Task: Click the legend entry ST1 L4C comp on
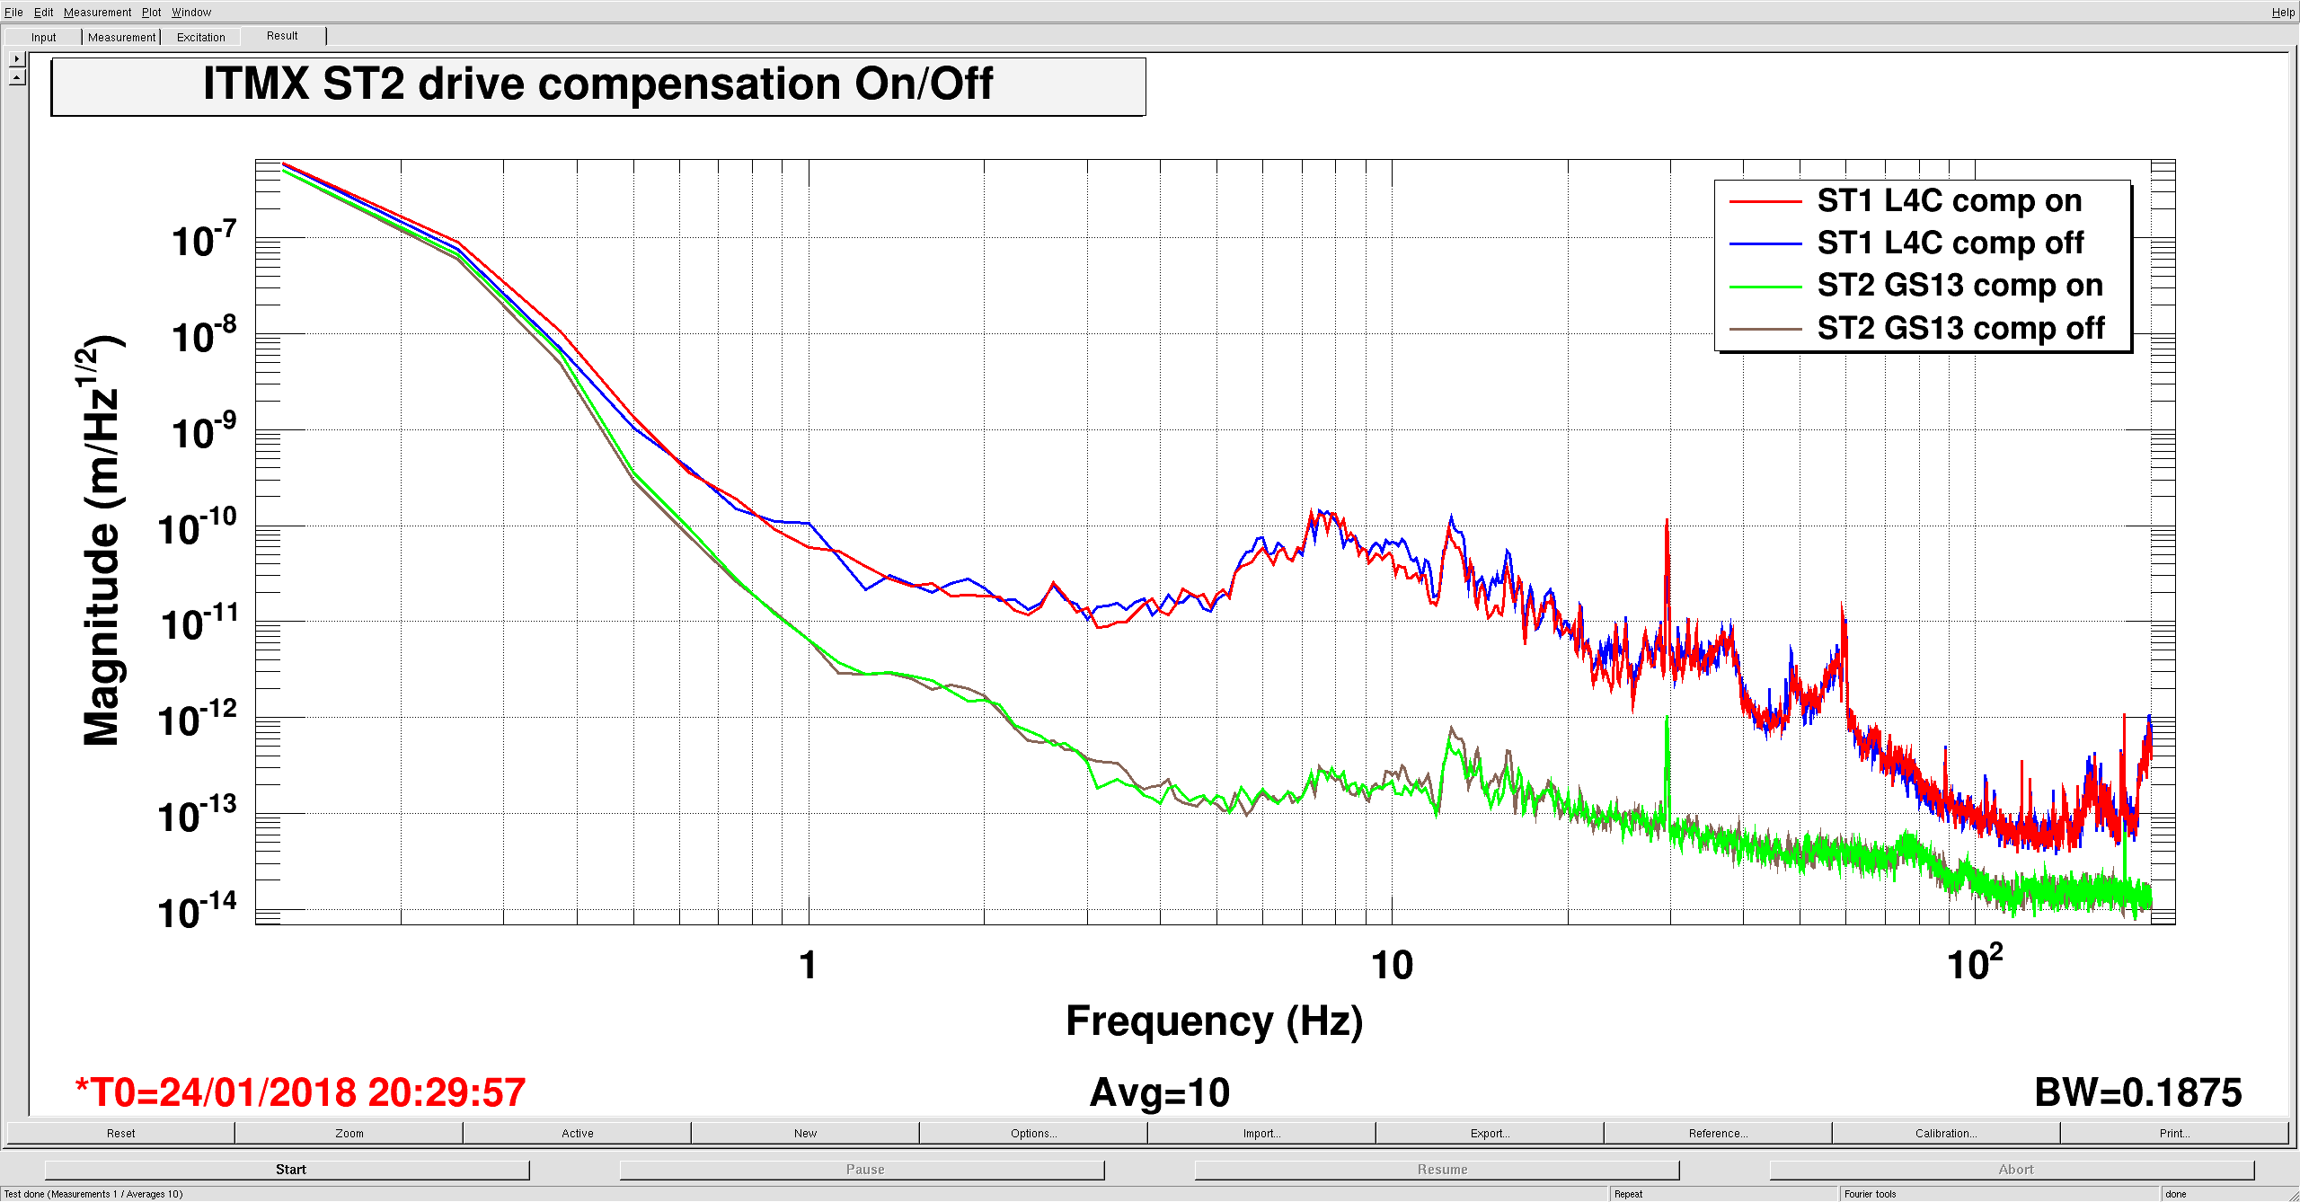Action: [1949, 201]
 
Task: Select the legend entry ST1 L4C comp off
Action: [1950, 243]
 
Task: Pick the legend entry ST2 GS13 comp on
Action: [1959, 286]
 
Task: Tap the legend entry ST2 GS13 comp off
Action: [1960, 329]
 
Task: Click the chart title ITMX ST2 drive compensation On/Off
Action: [597, 85]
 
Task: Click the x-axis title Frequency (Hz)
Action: [1214, 1021]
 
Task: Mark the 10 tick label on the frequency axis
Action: [1392, 966]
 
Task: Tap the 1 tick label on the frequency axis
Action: [808, 966]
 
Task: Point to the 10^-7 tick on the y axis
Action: [204, 241]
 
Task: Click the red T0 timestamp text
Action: [300, 1093]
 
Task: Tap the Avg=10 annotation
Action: [1159, 1093]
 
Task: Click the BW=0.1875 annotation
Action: [2137, 1093]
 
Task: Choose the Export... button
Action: [1490, 1134]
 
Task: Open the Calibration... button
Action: [1946, 1134]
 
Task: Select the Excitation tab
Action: [200, 38]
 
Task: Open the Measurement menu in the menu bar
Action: [97, 13]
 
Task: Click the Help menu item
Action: [2283, 13]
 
